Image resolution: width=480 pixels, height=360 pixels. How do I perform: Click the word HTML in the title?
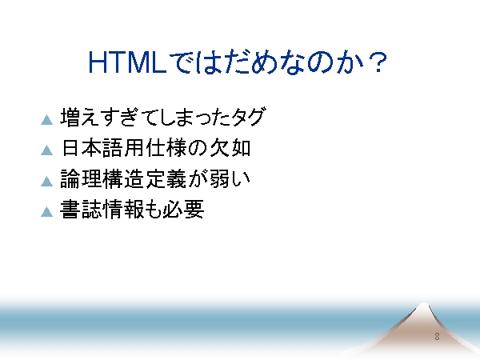pos(127,62)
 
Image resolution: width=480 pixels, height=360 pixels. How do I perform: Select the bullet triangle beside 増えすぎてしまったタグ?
pos(47,120)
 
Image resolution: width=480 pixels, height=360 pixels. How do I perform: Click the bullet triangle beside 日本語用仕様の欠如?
pos(47,150)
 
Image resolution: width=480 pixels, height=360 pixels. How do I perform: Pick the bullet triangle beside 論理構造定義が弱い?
pos(47,182)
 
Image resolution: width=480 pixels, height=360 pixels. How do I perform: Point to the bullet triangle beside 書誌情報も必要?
pos(47,212)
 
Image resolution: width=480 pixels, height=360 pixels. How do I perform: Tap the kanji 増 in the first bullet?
pos(70,117)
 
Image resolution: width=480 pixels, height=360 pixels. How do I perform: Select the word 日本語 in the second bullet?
pos(92,148)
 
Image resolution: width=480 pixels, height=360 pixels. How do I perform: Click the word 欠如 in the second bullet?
pos(230,148)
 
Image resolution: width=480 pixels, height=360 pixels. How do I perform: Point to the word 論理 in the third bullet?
pos(81,178)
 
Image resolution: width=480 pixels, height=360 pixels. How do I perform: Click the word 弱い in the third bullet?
pos(230,178)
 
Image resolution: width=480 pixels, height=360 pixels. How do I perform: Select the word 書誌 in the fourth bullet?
pos(81,210)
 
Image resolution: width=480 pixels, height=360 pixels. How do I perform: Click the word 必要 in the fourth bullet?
pos(183,210)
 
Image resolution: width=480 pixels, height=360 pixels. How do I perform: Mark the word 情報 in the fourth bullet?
pos(123,210)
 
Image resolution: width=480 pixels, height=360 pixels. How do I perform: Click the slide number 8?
pos(437,337)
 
